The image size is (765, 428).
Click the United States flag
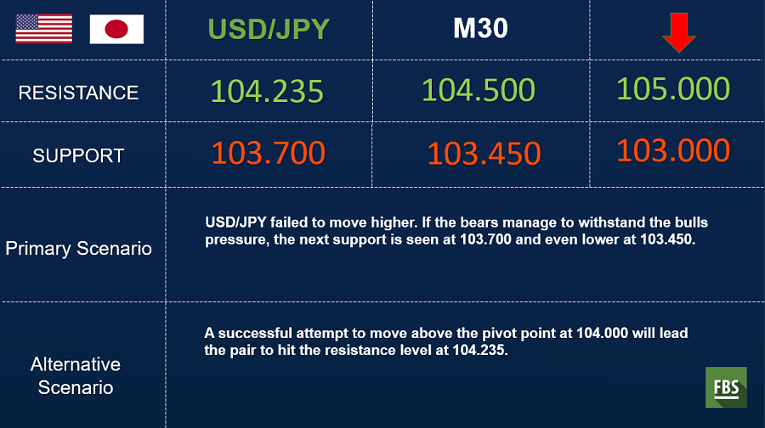[44, 29]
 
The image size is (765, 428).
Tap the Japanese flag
[116, 29]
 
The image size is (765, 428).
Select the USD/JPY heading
[269, 29]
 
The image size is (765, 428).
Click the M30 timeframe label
[480, 28]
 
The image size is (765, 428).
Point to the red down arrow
[678, 32]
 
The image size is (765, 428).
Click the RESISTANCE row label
[78, 93]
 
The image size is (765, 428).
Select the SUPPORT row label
[78, 155]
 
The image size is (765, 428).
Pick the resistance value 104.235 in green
[267, 91]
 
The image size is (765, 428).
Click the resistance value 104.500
[478, 90]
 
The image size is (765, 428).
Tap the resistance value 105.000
[673, 88]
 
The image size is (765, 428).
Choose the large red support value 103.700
[269, 153]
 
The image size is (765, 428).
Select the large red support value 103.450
[484, 154]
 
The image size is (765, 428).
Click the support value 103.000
[673, 150]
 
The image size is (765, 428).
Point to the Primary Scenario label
[78, 249]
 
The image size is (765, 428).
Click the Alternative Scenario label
[76, 376]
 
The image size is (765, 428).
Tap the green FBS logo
[726, 387]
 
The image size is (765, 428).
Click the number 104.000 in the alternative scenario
[602, 333]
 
